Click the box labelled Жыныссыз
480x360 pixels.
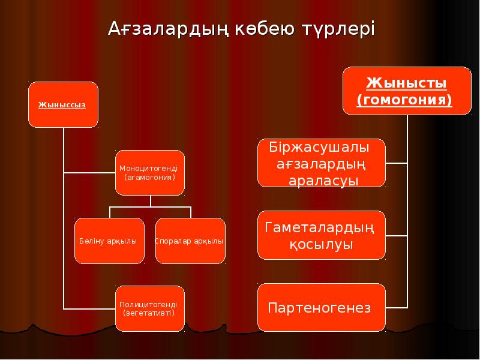62,104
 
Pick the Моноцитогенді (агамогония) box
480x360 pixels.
149,173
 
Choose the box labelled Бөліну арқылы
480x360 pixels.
109,241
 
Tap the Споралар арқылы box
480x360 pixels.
190,241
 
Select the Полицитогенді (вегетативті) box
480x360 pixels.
149,308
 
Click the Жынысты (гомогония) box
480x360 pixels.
406,91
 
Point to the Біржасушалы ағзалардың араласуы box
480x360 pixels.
321,163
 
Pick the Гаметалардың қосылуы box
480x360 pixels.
321,235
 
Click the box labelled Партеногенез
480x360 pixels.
321,308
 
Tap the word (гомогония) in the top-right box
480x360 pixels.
404,100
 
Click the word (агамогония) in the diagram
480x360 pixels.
149,178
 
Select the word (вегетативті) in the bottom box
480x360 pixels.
149,313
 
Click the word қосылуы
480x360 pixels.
321,245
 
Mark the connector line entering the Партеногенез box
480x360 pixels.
396,307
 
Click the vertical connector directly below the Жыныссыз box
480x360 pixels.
63,150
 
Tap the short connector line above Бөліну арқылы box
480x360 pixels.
110,212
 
